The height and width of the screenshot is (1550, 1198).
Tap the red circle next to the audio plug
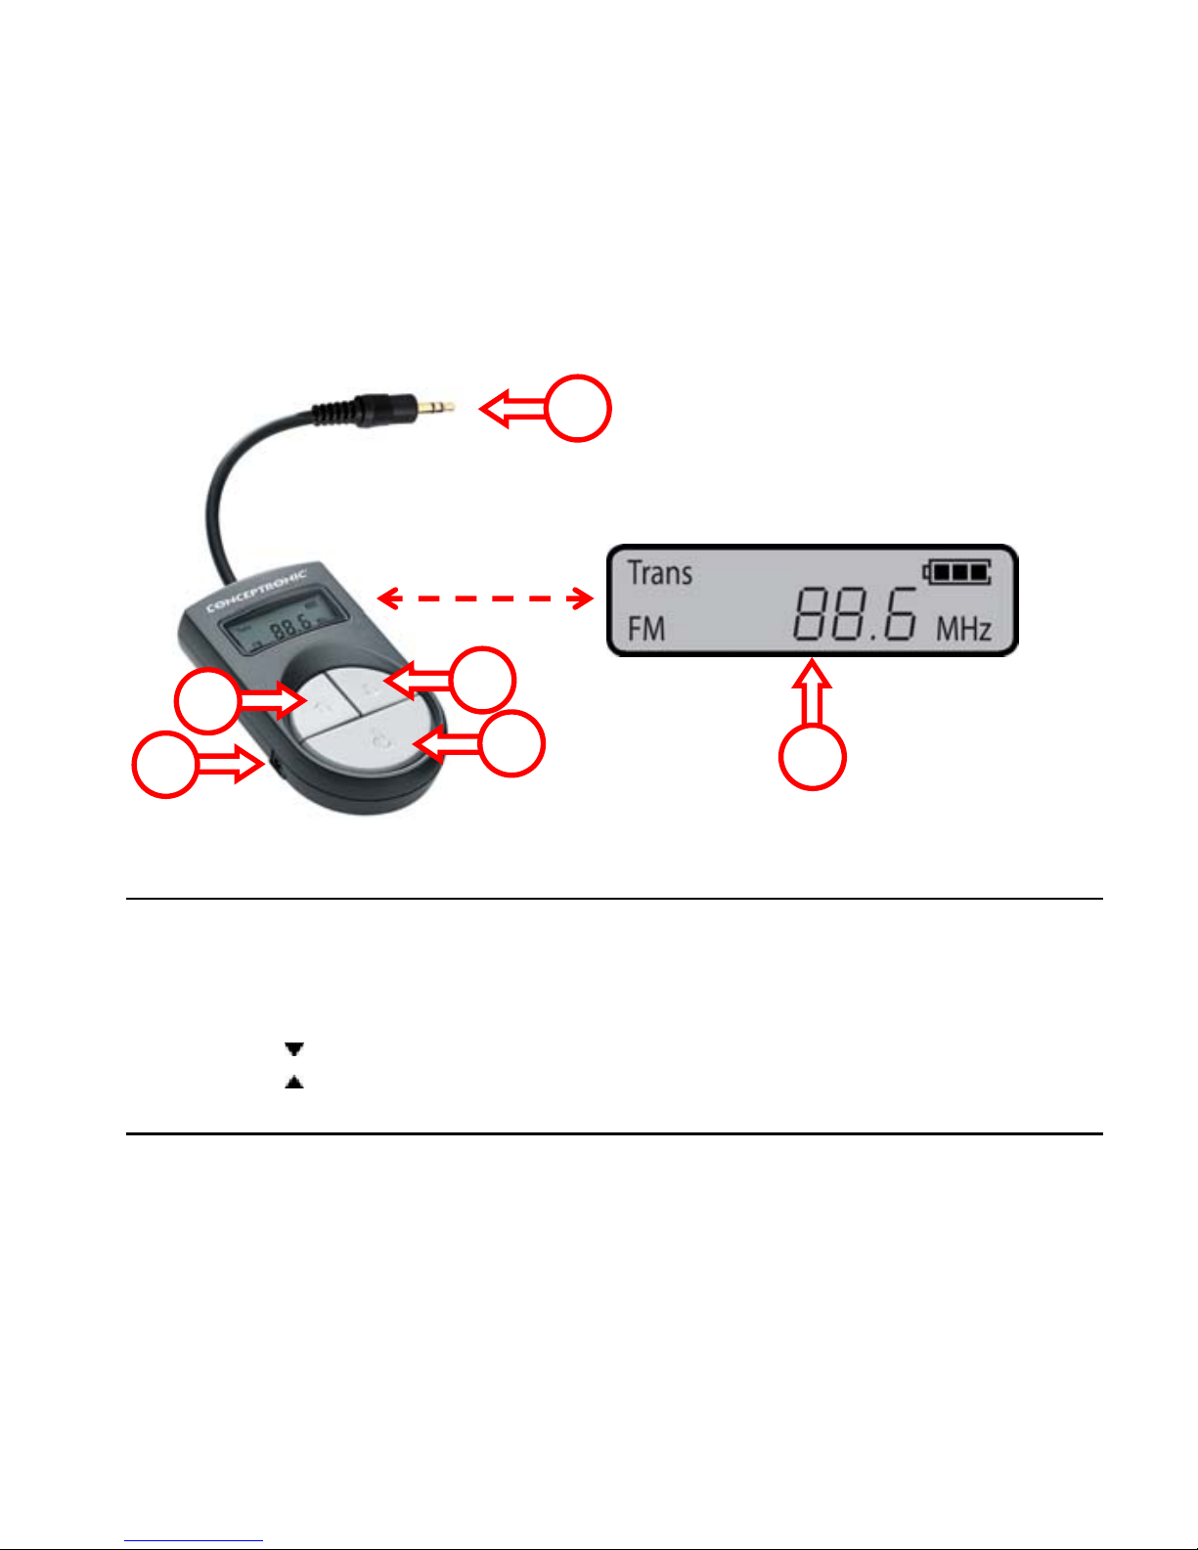[577, 408]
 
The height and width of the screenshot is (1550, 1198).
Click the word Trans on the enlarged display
[659, 573]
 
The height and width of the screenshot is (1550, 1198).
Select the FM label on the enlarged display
[646, 628]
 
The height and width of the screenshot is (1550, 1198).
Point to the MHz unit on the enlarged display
[963, 629]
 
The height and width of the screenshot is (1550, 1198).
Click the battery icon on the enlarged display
[956, 572]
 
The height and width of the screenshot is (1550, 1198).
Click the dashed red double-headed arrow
[485, 598]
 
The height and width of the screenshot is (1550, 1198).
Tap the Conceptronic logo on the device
[256, 591]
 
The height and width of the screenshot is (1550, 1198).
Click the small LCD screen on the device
[285, 626]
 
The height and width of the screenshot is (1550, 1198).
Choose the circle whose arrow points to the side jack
[165, 764]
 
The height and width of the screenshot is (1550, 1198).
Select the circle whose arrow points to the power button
[511, 743]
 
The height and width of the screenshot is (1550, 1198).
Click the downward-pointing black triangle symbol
[294, 1049]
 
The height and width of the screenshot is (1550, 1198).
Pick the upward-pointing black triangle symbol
[294, 1083]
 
